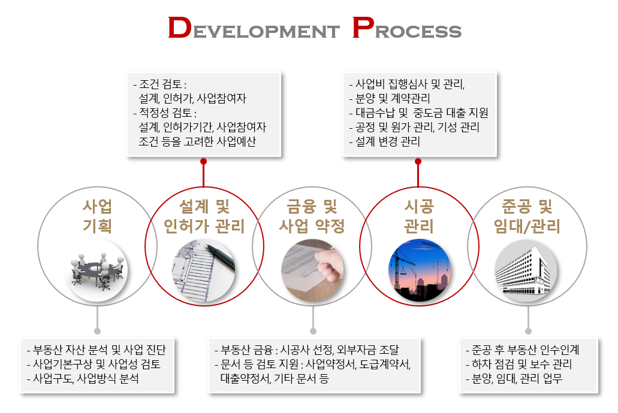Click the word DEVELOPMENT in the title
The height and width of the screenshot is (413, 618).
[254, 28]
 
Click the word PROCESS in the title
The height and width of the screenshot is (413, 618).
[406, 28]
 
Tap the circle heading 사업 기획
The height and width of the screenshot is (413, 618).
[97, 216]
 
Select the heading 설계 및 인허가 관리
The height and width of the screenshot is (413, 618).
[204, 216]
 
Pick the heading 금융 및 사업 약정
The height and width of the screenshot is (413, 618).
[312, 216]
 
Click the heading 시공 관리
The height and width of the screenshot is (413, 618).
[419, 216]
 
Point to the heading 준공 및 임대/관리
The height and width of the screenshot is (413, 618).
[527, 216]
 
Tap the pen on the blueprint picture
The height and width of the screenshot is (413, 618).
[220, 257]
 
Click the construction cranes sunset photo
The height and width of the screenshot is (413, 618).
[419, 271]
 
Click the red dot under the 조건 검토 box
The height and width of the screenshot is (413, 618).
[203, 162]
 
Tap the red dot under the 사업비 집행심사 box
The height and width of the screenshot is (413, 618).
[418, 162]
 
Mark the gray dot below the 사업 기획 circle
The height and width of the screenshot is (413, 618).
[97, 331]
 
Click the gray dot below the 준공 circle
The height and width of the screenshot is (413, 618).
[528, 331]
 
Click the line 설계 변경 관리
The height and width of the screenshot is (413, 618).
[385, 141]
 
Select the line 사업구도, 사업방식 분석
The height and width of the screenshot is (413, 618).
[83, 378]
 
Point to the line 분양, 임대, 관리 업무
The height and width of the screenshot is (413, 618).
[514, 378]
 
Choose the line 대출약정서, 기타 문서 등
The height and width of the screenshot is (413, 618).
[275, 378]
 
